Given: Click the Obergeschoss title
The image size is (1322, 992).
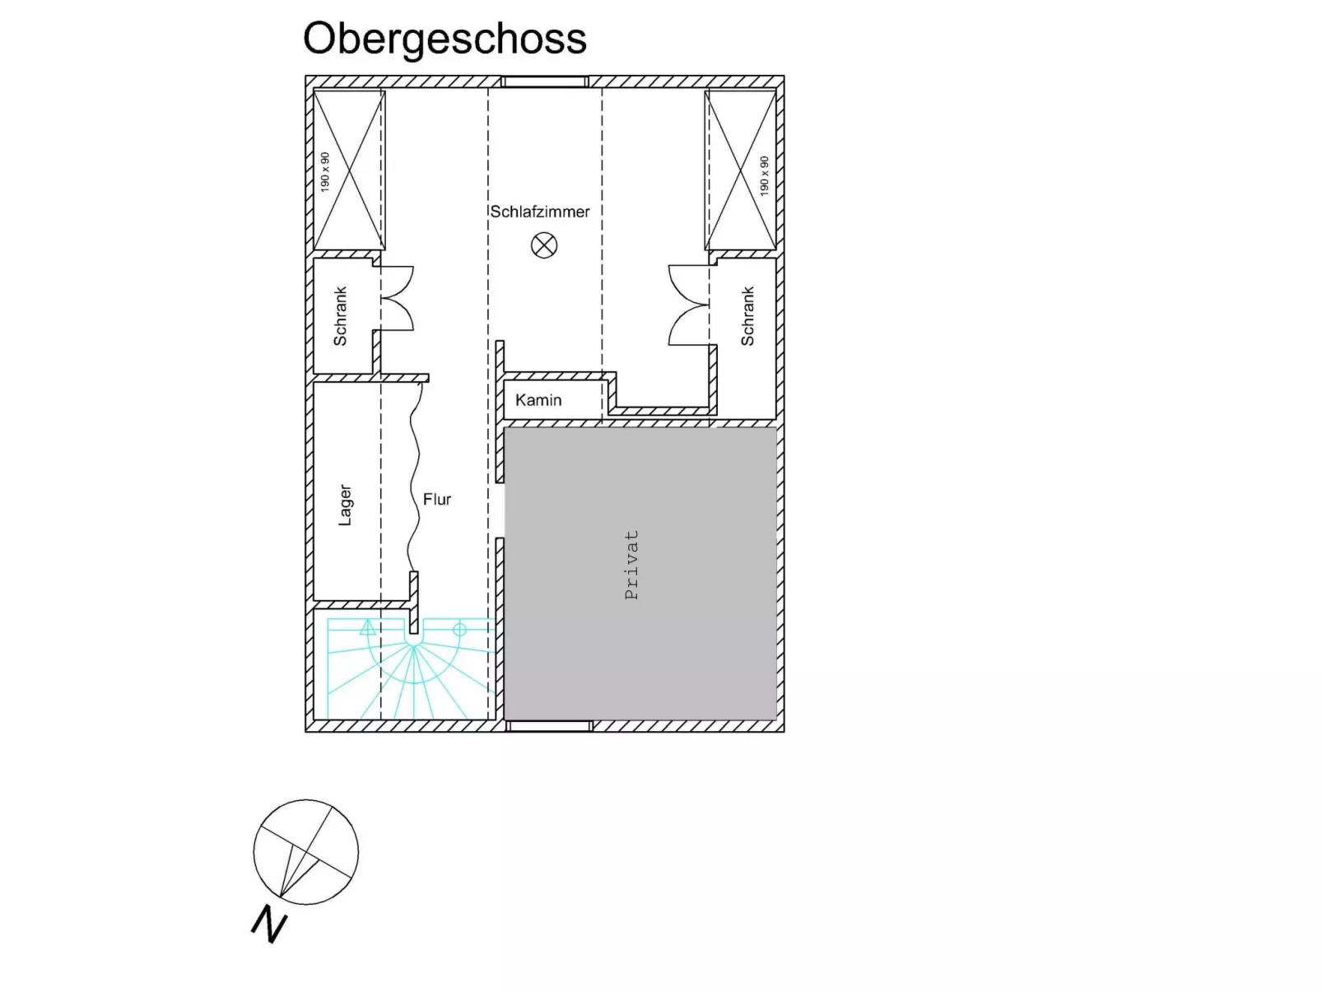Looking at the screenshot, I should (445, 39).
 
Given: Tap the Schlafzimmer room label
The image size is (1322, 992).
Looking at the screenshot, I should (540, 212).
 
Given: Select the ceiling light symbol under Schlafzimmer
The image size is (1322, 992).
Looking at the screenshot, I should (544, 245).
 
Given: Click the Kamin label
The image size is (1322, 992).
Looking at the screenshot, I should (538, 400).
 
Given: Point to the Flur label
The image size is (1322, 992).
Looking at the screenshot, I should (436, 499).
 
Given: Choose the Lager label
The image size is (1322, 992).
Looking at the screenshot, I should (345, 504).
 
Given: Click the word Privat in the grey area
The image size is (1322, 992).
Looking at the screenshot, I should (631, 564).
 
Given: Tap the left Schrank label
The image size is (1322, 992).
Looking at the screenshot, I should (340, 315).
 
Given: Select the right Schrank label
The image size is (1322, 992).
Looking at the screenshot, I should (747, 315).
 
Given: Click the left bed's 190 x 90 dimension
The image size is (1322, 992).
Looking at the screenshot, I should (325, 172).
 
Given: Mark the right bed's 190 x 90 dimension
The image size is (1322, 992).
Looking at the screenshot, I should (764, 175).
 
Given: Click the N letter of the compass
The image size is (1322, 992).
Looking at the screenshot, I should (269, 924).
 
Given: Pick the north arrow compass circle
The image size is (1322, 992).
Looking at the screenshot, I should (306, 851).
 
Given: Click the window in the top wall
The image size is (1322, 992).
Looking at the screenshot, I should (545, 82).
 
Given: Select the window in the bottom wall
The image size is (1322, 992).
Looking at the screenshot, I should (548, 725).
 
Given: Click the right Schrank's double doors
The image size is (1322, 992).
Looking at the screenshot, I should (688, 305).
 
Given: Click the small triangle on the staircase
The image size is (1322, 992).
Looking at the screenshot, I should (367, 629).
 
